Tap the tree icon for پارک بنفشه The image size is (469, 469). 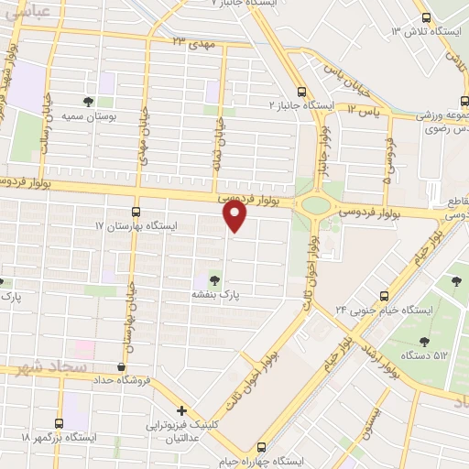point(214,280)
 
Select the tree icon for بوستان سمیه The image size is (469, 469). point(88,103)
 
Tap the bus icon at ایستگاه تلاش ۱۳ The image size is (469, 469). point(425,17)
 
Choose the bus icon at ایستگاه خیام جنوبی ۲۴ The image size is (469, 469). point(385,295)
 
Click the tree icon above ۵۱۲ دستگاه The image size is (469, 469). point(423,342)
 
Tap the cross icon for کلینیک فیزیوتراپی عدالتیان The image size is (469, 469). point(181,410)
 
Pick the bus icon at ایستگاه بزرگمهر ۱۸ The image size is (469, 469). point(60,423)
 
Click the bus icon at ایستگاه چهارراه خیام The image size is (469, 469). point(262,447)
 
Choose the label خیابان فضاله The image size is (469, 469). point(219,137)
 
